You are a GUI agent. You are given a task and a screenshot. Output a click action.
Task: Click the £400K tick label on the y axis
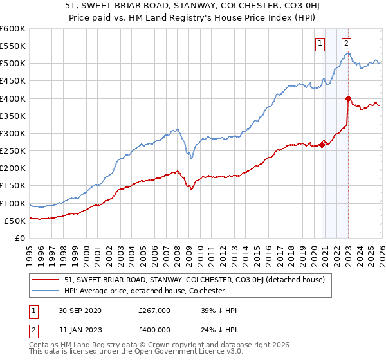[x=12, y=98]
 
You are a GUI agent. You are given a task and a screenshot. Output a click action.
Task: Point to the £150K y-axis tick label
[x=12, y=186]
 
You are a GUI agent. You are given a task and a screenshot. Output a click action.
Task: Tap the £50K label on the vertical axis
[x=15, y=221]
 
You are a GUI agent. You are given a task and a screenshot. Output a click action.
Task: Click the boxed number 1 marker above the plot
[x=320, y=44]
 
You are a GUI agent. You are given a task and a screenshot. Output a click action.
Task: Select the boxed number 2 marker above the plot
[x=346, y=44]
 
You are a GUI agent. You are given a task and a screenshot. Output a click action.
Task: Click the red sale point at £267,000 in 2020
[x=322, y=145]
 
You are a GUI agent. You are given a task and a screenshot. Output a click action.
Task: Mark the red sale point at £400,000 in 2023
[x=348, y=98]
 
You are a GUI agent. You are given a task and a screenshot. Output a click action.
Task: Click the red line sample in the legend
[x=46, y=280]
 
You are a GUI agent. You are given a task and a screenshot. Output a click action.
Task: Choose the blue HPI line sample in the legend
[x=46, y=291]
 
